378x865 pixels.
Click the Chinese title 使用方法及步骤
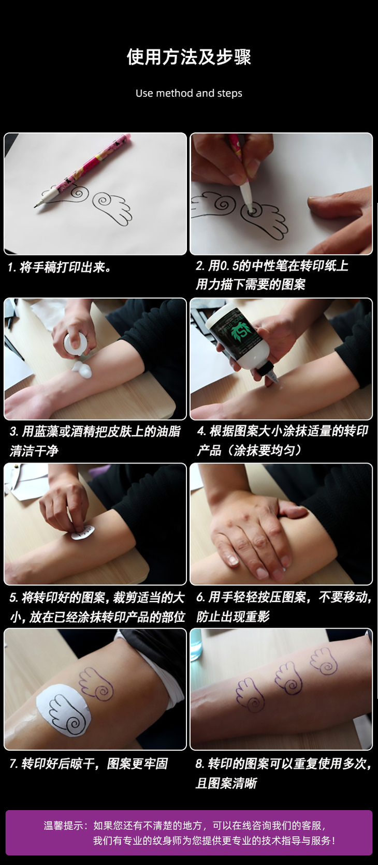(189, 57)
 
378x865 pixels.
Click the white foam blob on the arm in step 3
(82, 369)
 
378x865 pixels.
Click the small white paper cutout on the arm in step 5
(83, 533)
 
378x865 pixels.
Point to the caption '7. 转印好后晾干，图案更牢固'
(89, 764)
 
